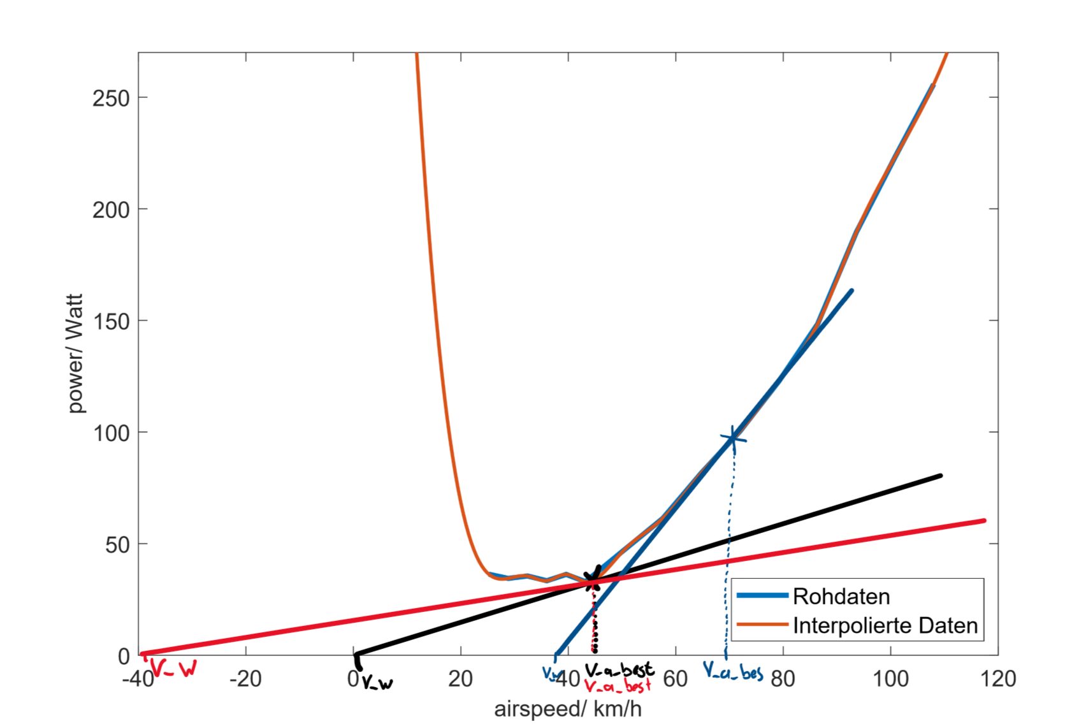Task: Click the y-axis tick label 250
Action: point(111,98)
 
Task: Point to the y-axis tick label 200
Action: point(111,210)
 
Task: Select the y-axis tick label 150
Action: point(111,321)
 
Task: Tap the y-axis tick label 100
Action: point(111,433)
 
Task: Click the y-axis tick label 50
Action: point(117,545)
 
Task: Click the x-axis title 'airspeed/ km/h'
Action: point(567,709)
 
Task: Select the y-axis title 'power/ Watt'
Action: point(75,353)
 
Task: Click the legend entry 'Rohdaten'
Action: point(841,597)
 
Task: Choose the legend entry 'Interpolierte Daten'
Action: point(885,626)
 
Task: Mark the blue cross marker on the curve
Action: point(733,438)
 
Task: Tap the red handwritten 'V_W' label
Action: point(173,669)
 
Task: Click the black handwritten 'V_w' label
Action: point(377,684)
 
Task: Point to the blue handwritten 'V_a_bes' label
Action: point(733,671)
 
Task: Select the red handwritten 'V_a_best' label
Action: point(617,687)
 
